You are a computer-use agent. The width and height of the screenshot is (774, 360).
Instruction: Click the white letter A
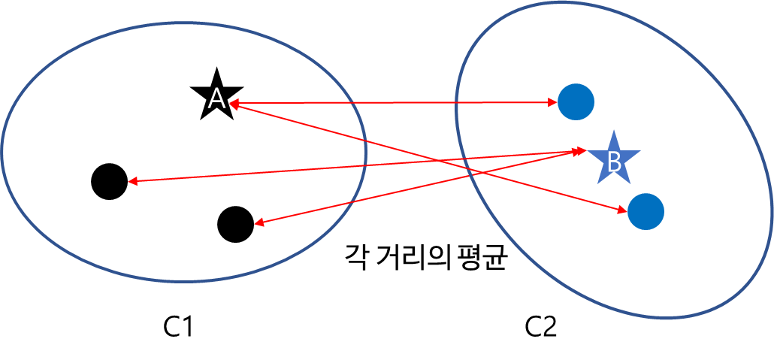click(x=216, y=98)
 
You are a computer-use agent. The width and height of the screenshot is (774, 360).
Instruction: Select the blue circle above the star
click(x=576, y=101)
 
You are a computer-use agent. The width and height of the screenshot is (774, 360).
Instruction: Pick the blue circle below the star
click(x=646, y=211)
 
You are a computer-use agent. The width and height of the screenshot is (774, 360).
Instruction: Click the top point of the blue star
click(x=614, y=130)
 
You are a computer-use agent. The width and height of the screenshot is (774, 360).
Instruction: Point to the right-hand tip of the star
click(x=640, y=153)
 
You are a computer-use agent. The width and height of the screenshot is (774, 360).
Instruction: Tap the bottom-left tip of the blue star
click(x=597, y=183)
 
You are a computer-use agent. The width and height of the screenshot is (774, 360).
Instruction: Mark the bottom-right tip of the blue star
click(x=630, y=183)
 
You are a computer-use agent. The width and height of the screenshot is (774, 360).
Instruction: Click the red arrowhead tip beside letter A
click(x=230, y=103)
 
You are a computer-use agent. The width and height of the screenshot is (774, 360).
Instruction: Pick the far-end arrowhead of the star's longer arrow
click(x=129, y=181)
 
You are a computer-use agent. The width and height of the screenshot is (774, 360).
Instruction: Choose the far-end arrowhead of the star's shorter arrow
click(x=255, y=223)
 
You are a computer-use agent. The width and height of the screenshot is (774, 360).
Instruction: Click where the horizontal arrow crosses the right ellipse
click(x=457, y=102)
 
